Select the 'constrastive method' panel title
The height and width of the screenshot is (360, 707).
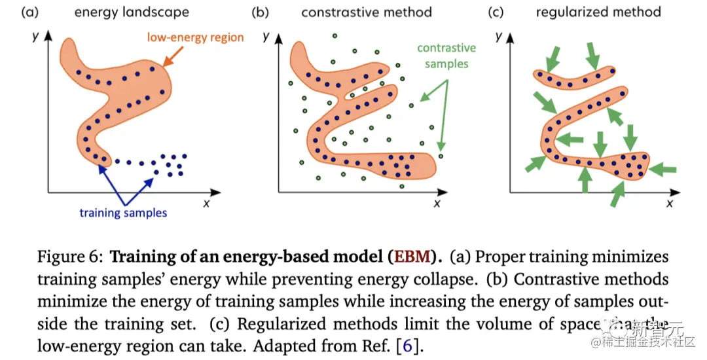pos(366,12)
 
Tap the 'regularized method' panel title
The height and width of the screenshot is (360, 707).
pos(598,12)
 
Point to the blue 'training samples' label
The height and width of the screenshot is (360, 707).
pos(123,213)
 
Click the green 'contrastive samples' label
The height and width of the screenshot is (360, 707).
pos(446,56)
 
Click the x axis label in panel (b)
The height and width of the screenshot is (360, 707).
pos(437,204)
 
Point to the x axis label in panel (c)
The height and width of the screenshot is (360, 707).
pos(670,204)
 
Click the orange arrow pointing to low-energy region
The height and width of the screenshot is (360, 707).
pos(169,60)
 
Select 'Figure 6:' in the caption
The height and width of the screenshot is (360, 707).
pos(68,255)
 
